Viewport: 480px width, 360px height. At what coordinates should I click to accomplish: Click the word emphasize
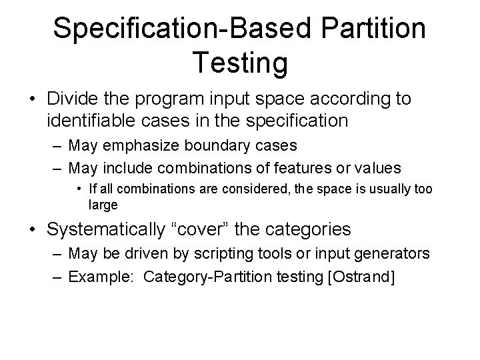click(147, 145)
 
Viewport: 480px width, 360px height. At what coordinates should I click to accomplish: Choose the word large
click(103, 205)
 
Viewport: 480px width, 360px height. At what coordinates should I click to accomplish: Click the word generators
click(393, 255)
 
